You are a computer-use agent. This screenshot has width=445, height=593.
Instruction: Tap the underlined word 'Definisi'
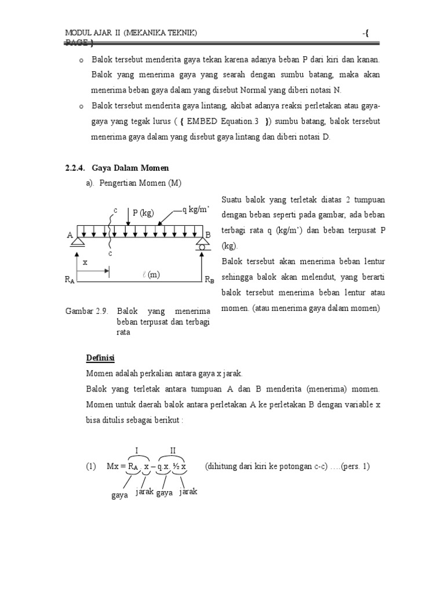tap(102, 356)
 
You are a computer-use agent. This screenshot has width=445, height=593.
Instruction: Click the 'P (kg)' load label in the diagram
tap(143, 213)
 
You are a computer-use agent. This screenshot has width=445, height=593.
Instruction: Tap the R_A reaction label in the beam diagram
tap(70, 280)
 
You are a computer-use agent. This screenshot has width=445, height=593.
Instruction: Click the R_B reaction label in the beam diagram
tap(209, 280)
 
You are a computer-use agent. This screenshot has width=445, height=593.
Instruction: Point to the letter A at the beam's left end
tap(70, 235)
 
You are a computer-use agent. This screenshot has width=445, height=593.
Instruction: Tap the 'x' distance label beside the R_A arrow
tap(85, 262)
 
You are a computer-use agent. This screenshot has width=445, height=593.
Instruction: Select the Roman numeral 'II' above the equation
tap(173, 451)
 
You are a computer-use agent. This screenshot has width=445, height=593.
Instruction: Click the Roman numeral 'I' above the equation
tap(137, 451)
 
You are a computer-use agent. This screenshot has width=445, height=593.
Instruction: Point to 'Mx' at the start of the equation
tap(114, 466)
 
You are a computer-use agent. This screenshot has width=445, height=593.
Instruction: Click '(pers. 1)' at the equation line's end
tap(355, 466)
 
